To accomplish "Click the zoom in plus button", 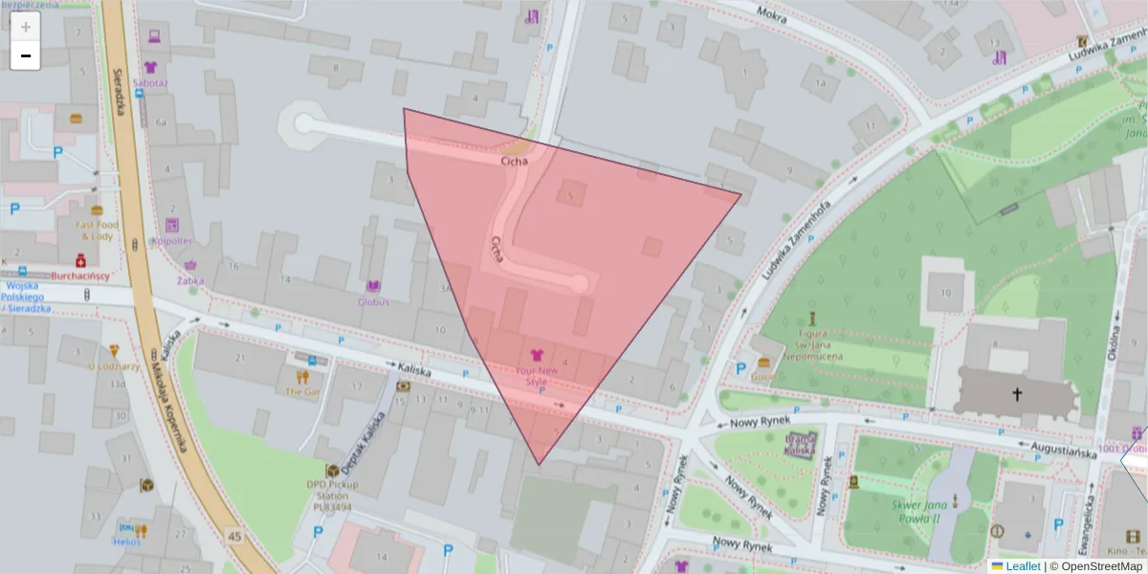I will (x=26, y=27).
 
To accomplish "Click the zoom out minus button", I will (x=26, y=55).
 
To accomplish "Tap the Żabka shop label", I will (x=189, y=280).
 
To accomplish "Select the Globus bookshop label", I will (x=373, y=302).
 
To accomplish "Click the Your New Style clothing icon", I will (x=536, y=355).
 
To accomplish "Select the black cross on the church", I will (x=1016, y=393).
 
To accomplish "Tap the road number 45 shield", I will (x=233, y=532).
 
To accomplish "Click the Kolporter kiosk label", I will (x=172, y=241).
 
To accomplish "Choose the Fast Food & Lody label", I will (x=96, y=230).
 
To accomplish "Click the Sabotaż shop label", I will (x=150, y=82).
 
